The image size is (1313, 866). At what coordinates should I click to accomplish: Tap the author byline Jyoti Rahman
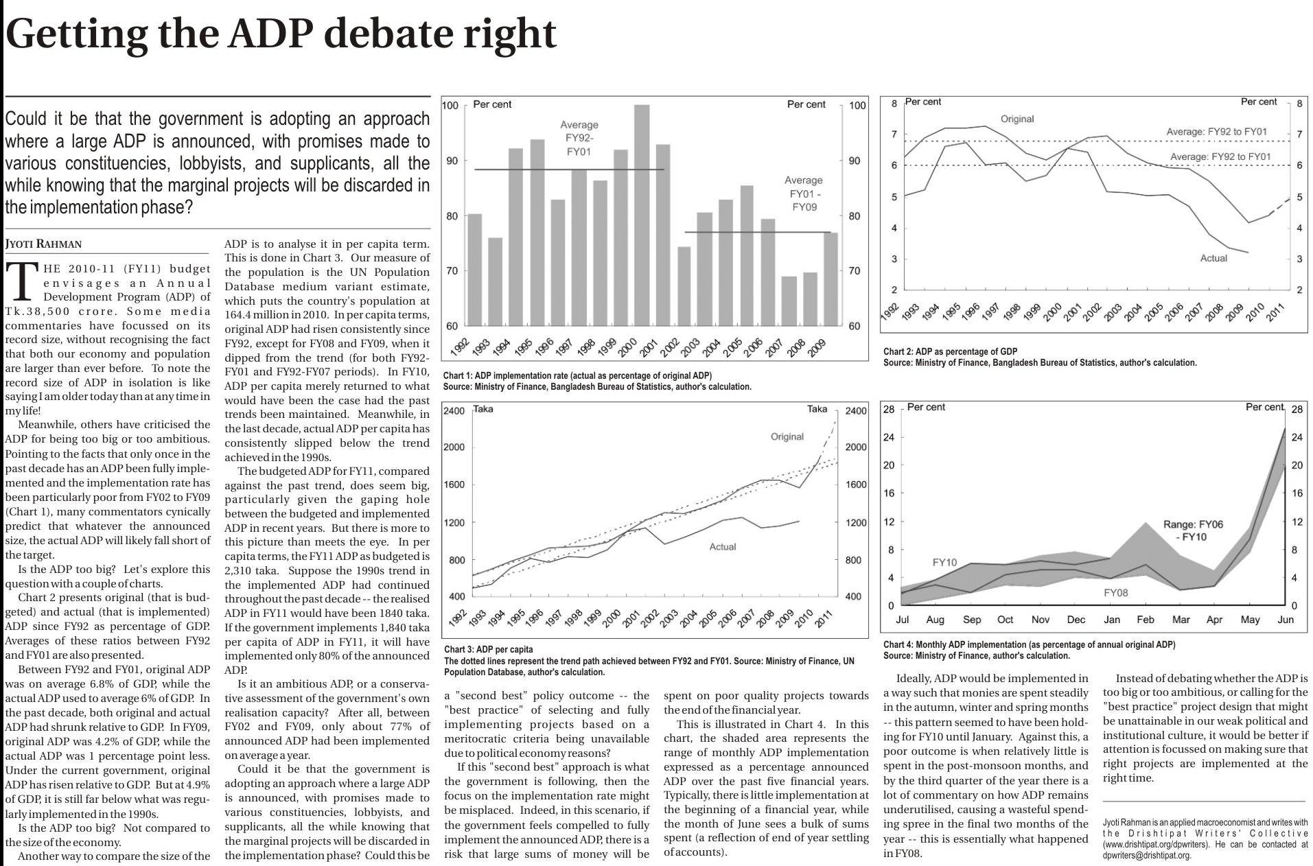[43, 244]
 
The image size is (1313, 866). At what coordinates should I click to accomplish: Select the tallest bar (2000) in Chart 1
[642, 215]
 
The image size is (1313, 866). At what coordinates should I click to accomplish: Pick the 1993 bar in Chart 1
[495, 281]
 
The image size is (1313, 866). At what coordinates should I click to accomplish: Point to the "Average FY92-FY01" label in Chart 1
[579, 137]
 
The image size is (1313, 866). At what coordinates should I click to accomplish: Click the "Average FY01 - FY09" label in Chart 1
[804, 193]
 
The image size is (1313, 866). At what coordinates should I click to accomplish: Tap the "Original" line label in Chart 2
[1016, 119]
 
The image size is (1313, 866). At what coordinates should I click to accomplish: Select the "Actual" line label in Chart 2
[1213, 258]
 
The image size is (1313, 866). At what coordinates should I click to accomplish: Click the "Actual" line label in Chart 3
[722, 546]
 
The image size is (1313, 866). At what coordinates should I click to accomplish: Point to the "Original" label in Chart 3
[787, 436]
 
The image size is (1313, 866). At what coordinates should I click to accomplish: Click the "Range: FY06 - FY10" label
[1193, 530]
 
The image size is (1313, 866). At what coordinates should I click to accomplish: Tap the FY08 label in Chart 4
[1115, 592]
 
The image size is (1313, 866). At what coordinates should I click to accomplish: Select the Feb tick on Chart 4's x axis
[1145, 620]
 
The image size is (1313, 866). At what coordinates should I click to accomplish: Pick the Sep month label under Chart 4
[972, 620]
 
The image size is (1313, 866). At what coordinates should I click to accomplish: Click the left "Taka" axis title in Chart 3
[483, 409]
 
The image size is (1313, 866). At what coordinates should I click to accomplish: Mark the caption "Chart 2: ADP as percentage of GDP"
[950, 352]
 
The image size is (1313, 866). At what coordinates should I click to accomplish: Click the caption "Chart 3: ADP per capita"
[488, 649]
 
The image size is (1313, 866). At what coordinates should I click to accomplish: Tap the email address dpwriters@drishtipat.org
[1147, 855]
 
